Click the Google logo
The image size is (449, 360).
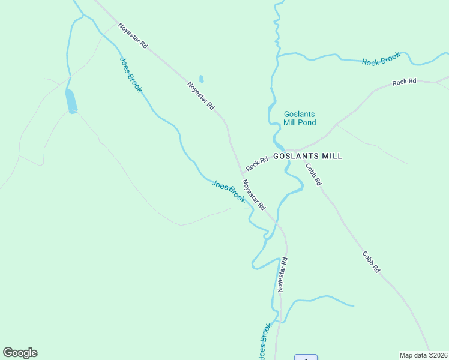click(20, 353)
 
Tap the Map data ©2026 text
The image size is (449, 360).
click(423, 355)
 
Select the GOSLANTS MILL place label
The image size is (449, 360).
click(307, 156)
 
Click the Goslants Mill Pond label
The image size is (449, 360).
click(300, 118)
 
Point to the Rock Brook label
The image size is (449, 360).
click(381, 59)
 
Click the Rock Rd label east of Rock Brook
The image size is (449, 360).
click(404, 82)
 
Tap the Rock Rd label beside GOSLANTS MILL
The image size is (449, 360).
click(256, 163)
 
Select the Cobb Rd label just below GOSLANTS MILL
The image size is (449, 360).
click(314, 174)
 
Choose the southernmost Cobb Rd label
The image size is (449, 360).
click(371, 262)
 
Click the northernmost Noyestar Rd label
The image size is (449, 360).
click(133, 36)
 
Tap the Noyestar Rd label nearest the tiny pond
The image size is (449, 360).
click(201, 95)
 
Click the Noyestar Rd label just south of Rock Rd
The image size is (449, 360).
click(254, 194)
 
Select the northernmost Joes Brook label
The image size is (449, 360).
click(131, 75)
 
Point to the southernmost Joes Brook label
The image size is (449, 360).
click(265, 342)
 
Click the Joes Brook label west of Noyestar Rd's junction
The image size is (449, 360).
click(228, 191)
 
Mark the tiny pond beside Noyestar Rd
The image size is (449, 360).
click(201, 79)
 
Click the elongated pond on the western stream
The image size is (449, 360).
click(71, 101)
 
